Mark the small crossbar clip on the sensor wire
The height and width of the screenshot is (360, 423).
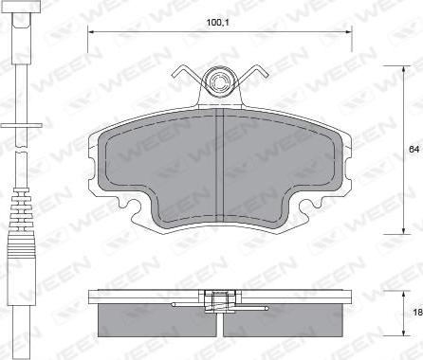(21, 129)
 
